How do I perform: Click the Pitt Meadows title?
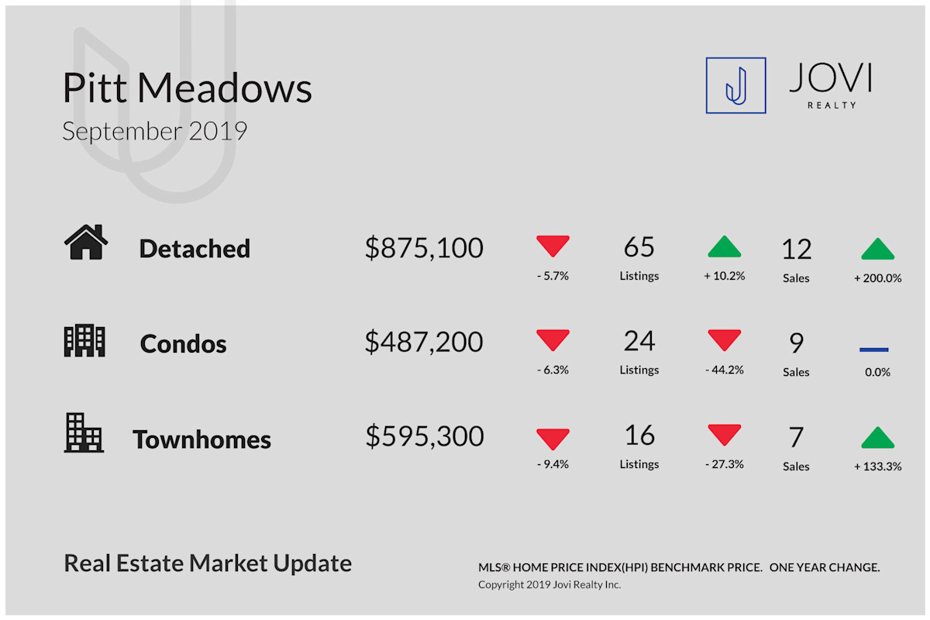[x=188, y=88]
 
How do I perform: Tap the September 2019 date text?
[x=155, y=131]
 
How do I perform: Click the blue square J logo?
[x=735, y=85]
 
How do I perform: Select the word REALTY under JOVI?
[x=832, y=105]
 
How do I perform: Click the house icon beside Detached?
[x=86, y=242]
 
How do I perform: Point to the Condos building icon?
[x=84, y=340]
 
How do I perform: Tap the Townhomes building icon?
[x=84, y=432]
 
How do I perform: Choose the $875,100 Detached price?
[x=424, y=248]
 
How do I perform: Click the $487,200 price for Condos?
[x=424, y=343]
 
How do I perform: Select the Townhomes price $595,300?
[x=425, y=436]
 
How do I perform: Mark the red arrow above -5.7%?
[x=553, y=246]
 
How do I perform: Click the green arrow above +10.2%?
[x=724, y=246]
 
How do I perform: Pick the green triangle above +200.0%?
[x=877, y=249]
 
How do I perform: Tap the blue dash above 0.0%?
[x=874, y=350]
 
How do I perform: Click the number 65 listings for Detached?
[x=639, y=247]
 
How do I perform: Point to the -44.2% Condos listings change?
[x=725, y=370]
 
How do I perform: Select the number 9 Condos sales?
[x=797, y=343]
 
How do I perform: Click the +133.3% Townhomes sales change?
[x=877, y=467]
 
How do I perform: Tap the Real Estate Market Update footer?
[x=208, y=563]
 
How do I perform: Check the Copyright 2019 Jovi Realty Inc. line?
[x=549, y=584]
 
